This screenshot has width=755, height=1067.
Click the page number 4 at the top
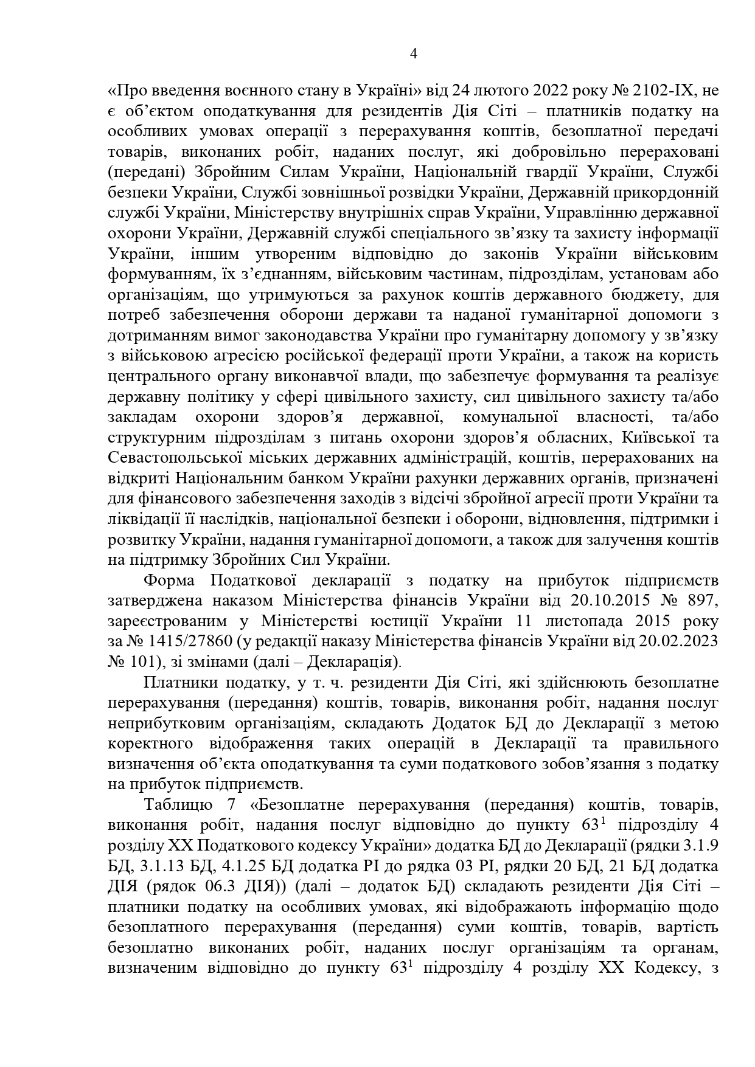[x=414, y=54]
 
